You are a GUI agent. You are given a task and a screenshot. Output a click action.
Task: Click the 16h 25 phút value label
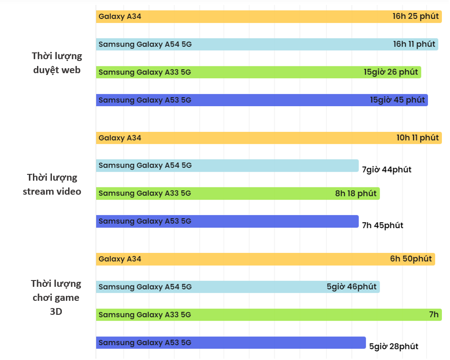point(415,16)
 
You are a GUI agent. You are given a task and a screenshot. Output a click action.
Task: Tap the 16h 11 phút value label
point(414,44)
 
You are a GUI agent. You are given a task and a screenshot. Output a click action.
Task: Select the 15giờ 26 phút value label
point(390,72)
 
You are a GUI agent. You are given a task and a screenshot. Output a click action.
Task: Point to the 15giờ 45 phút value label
point(397,100)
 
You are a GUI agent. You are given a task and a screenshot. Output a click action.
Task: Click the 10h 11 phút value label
point(418,138)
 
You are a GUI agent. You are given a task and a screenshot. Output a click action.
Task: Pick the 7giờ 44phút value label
point(386,170)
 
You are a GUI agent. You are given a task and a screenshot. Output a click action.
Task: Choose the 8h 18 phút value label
point(356,193)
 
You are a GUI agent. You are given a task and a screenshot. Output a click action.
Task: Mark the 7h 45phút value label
point(382,225)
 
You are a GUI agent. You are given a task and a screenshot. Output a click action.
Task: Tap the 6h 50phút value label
point(411,259)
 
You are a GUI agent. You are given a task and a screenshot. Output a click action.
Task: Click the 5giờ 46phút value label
point(351,287)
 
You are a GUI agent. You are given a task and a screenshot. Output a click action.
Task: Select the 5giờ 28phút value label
point(394,346)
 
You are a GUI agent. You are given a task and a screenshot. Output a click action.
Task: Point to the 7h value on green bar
point(434,315)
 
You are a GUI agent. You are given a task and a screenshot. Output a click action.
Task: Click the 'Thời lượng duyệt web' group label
point(57,63)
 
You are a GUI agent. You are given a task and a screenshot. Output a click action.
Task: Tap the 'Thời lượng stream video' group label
point(52,184)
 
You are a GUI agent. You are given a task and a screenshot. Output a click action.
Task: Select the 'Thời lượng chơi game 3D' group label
point(56,297)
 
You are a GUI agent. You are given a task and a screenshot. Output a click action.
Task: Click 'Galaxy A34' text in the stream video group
point(120,138)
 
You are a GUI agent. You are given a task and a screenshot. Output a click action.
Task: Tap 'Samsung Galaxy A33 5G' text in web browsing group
point(145,72)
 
